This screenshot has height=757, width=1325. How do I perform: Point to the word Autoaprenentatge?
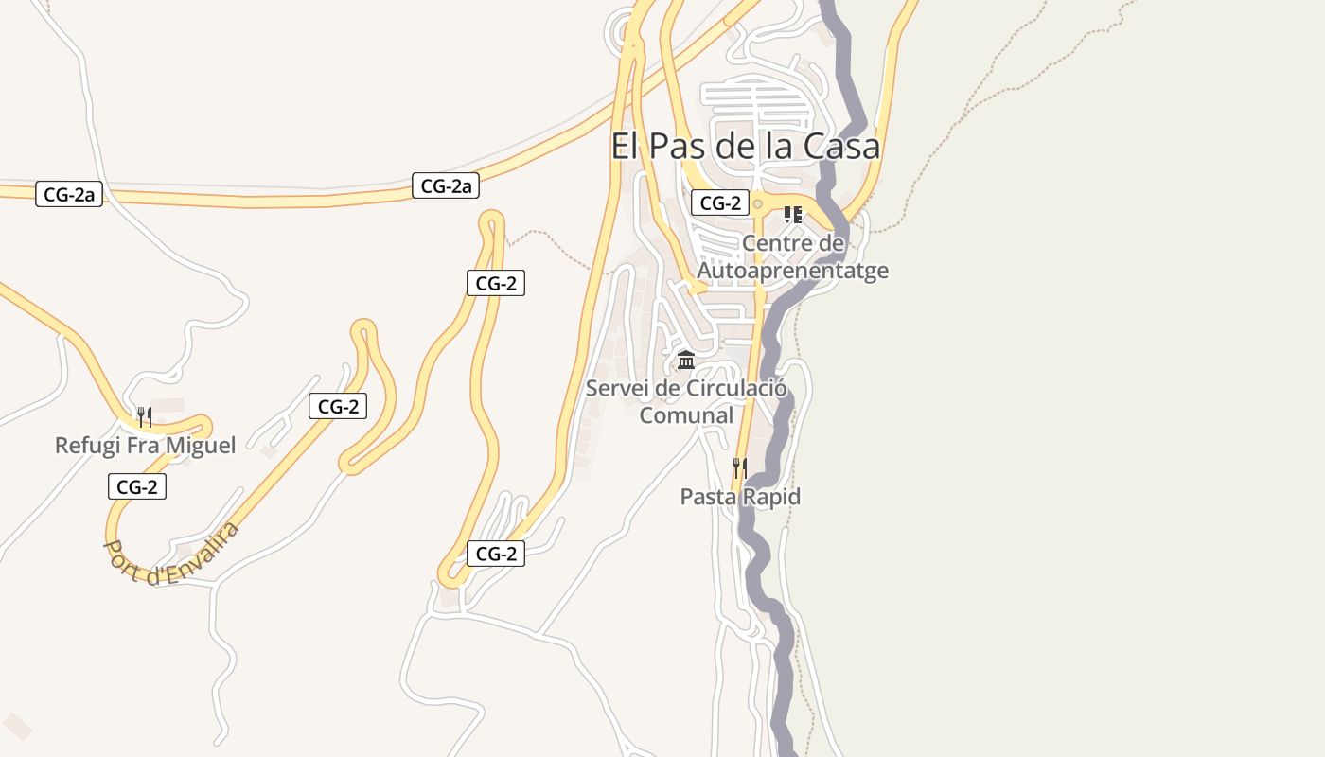[793, 271]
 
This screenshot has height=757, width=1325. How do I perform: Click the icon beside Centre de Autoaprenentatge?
[793, 215]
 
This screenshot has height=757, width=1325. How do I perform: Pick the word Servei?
[618, 388]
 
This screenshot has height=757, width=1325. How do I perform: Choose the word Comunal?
[686, 415]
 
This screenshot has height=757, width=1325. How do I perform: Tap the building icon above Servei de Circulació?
[686, 361]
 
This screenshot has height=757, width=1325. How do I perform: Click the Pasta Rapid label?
[740, 497]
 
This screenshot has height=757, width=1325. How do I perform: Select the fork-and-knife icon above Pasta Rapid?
[740, 467]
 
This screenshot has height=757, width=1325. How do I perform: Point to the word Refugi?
[88, 445]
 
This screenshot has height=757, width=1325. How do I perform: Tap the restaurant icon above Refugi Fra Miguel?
[145, 416]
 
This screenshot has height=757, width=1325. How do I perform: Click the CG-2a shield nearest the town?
[446, 186]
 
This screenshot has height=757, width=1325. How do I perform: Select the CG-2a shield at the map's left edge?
[69, 195]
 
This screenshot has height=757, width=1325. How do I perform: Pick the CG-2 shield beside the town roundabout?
[720, 202]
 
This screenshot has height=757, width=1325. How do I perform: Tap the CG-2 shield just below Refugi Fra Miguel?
[137, 487]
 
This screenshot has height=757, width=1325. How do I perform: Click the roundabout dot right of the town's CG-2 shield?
[757, 203]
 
